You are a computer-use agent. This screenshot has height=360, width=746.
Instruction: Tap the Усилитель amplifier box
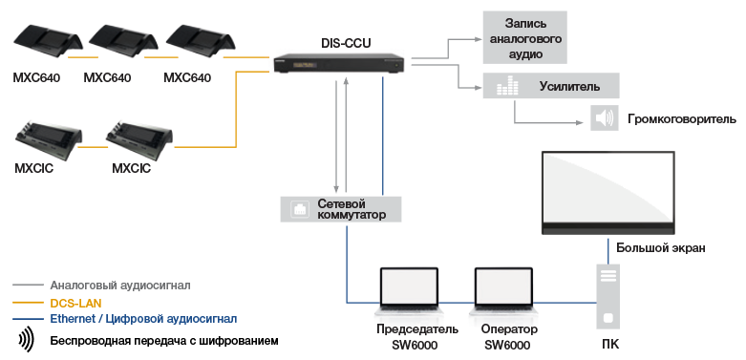(x=551, y=86)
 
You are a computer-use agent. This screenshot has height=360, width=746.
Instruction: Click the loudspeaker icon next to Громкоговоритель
(x=604, y=118)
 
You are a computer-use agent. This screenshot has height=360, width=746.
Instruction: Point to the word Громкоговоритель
(x=681, y=119)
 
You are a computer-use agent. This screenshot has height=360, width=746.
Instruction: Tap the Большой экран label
(x=660, y=248)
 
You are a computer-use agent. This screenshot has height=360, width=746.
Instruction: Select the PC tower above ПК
(x=607, y=297)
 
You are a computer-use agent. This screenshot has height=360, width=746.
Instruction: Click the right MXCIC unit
(x=140, y=140)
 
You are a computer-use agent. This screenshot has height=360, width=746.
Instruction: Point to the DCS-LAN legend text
(x=75, y=302)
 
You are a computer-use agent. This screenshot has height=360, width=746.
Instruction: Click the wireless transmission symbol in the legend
(x=26, y=339)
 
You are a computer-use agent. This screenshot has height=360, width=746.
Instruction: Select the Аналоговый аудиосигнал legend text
(x=120, y=285)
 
